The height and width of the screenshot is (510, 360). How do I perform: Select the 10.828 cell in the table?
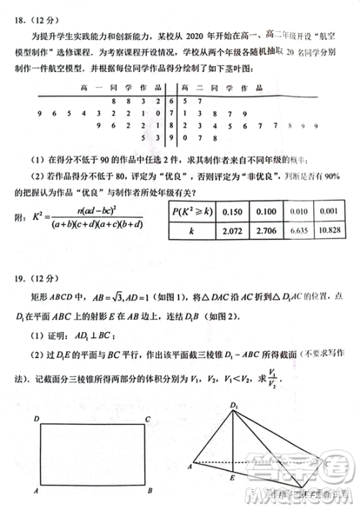click(328, 229)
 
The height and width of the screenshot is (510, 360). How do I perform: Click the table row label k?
click(192, 230)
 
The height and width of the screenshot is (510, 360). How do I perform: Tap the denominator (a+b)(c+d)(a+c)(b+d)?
click(96, 225)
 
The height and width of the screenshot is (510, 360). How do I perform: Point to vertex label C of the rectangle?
click(147, 419)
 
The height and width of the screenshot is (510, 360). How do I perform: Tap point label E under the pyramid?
click(232, 478)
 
